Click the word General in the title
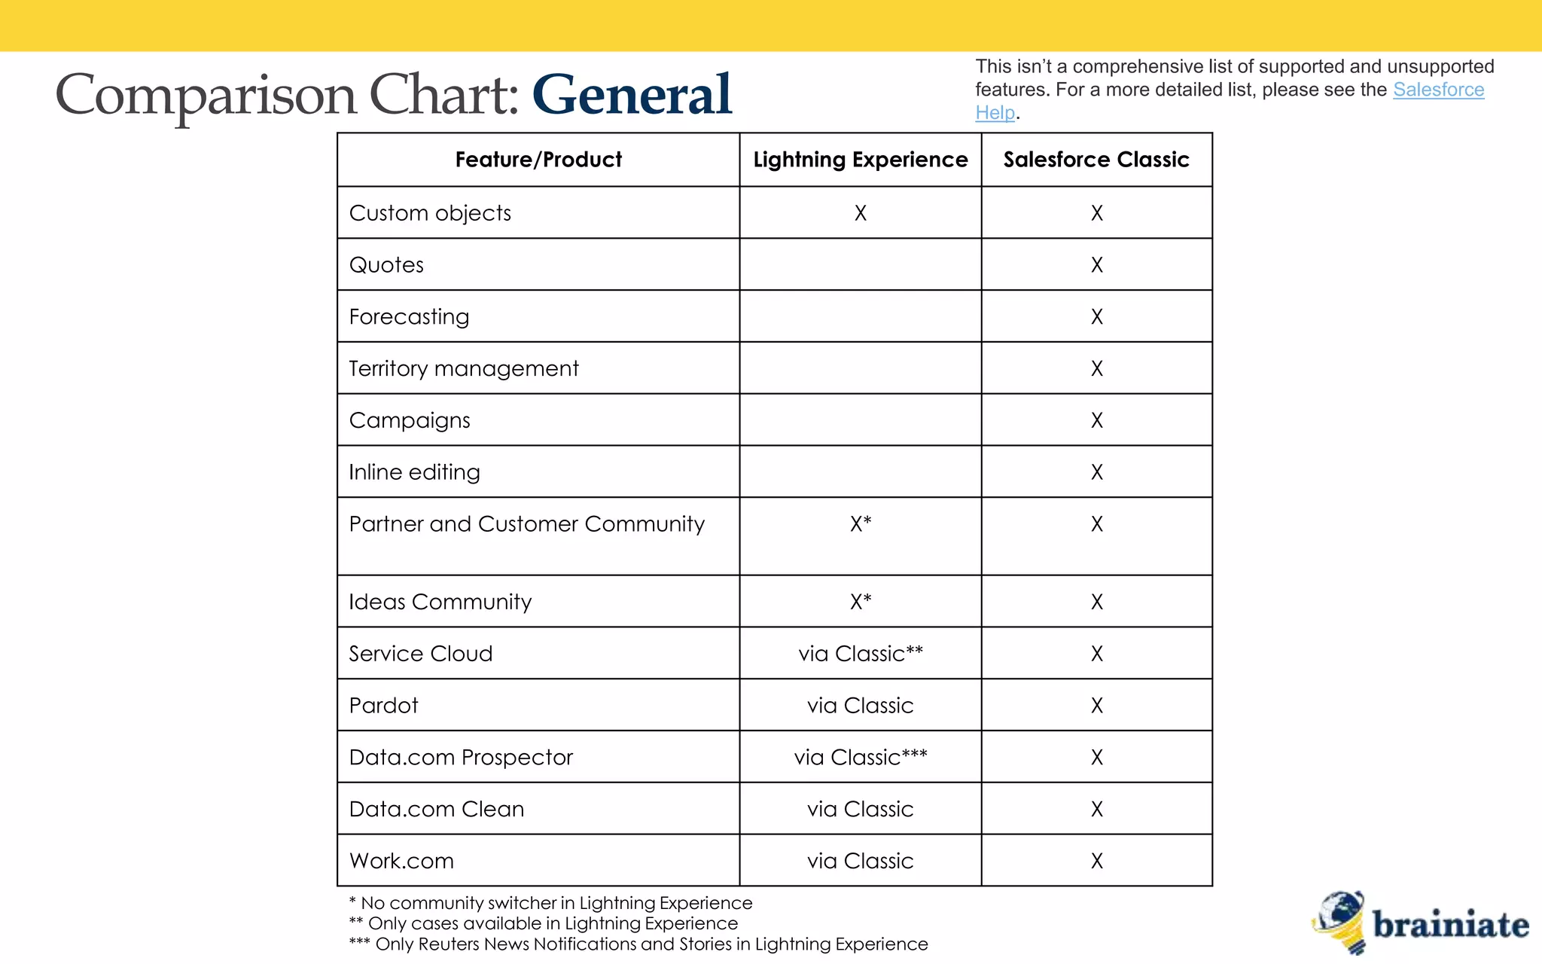631,95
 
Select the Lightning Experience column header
860,160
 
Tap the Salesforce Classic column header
1096,160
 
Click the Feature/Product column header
538,160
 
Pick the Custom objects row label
430,213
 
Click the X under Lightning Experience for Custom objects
860,213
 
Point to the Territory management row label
464,368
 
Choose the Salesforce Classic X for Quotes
1096,265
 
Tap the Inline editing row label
414,472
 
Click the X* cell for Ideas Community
860,602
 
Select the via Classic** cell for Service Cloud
860,654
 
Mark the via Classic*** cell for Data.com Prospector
860,757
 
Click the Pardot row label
383,706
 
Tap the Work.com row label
401,861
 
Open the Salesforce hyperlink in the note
1438,90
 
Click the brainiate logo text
1450,925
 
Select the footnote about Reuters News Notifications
638,944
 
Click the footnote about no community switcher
550,903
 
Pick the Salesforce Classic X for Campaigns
1096,420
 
